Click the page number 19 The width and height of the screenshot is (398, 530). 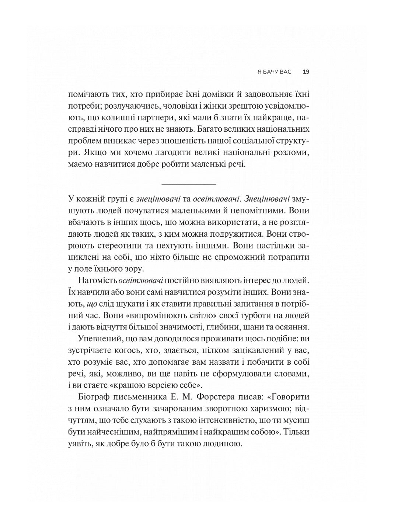click(306, 72)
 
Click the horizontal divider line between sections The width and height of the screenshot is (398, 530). click(189, 183)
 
